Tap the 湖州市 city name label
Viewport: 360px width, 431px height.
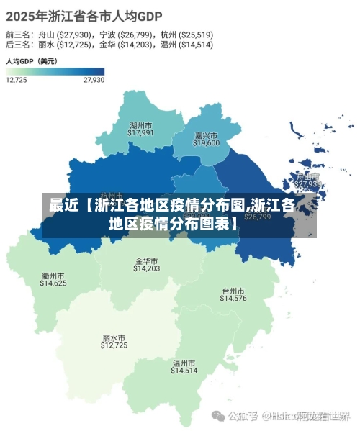[x=141, y=124]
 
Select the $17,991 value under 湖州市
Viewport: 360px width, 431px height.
[x=141, y=132]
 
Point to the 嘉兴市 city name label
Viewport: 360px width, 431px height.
[x=206, y=135]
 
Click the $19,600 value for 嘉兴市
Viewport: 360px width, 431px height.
[x=206, y=142]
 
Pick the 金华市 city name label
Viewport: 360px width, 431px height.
[x=147, y=260]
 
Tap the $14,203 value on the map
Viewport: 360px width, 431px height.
[x=147, y=268]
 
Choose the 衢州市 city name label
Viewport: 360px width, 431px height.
[x=53, y=276]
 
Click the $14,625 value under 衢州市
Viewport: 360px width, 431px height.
[x=53, y=283]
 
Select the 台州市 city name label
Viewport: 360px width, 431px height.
[x=233, y=290]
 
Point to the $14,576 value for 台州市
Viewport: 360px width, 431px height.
[x=233, y=298]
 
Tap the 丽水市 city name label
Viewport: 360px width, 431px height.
[x=114, y=337]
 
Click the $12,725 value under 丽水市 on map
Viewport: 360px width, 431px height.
[x=114, y=345]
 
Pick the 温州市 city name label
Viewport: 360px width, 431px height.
[x=184, y=363]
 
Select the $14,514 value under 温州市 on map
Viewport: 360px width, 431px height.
[x=184, y=371]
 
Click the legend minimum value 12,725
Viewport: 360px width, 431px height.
[x=17, y=80]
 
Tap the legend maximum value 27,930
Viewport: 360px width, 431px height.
[x=94, y=80]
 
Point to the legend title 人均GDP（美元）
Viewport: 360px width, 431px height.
[x=32, y=61]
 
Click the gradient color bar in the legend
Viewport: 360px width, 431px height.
[x=55, y=71]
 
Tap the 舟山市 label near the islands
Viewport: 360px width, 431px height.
[x=308, y=176]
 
